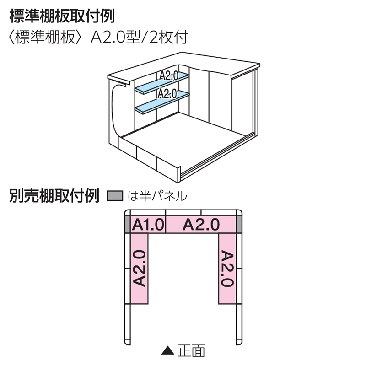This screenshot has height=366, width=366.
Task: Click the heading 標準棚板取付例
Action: [62, 16]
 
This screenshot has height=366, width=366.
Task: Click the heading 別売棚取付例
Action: [54, 196]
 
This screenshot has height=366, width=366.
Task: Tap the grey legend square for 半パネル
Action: [115, 196]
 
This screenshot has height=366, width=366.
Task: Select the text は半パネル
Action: [157, 196]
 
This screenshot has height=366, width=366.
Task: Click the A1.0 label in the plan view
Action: [148, 225]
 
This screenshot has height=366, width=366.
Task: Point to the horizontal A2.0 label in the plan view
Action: [201, 225]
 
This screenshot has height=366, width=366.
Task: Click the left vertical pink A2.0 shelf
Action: [139, 268]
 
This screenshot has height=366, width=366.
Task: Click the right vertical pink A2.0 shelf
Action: [227, 268]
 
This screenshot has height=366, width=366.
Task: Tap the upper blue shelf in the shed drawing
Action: [162, 83]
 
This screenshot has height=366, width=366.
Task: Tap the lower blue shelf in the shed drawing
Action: [162, 102]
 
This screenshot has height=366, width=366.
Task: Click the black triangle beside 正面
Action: [168, 351]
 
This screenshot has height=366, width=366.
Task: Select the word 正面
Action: [191, 351]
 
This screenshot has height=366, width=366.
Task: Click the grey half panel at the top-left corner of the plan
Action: [128, 224]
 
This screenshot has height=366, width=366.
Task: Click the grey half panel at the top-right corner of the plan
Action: [239, 224]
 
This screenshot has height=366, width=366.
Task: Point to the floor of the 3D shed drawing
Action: [184, 140]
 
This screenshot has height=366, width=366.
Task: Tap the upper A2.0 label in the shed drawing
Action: [169, 76]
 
